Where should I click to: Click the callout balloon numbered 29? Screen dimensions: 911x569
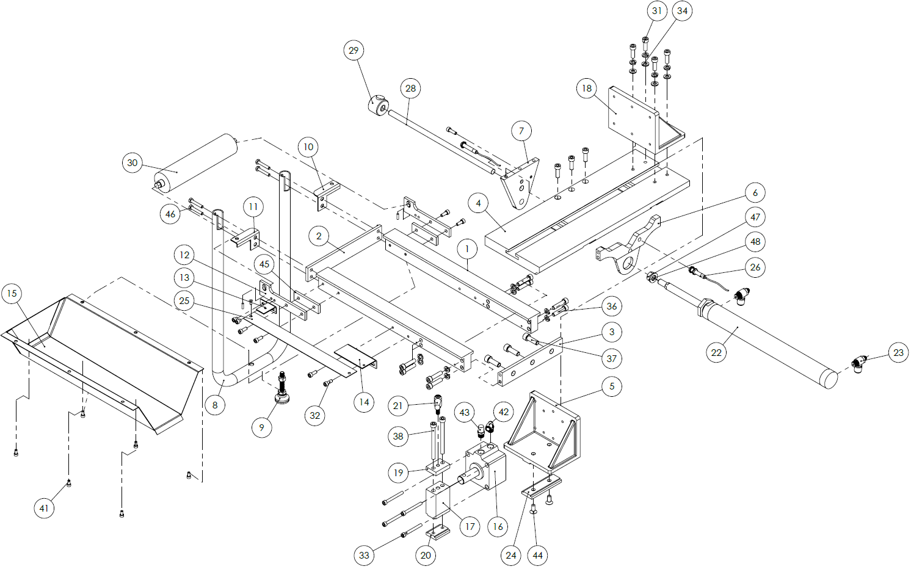click(354, 51)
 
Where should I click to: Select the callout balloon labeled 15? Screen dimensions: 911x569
click(12, 293)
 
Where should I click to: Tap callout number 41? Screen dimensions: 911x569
click(44, 508)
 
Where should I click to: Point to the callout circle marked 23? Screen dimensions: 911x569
click(898, 353)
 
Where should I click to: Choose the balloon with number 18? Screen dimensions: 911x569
click(586, 89)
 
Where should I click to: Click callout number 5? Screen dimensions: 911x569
click(612, 386)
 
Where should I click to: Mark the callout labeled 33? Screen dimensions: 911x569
click(364, 555)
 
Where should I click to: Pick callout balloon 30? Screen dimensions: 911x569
click(132, 162)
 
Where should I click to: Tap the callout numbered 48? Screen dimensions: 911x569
click(755, 242)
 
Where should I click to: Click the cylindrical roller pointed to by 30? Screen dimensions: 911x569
click(195, 162)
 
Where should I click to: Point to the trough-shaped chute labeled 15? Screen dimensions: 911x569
click(102, 362)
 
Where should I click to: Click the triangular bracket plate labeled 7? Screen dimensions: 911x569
click(521, 183)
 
